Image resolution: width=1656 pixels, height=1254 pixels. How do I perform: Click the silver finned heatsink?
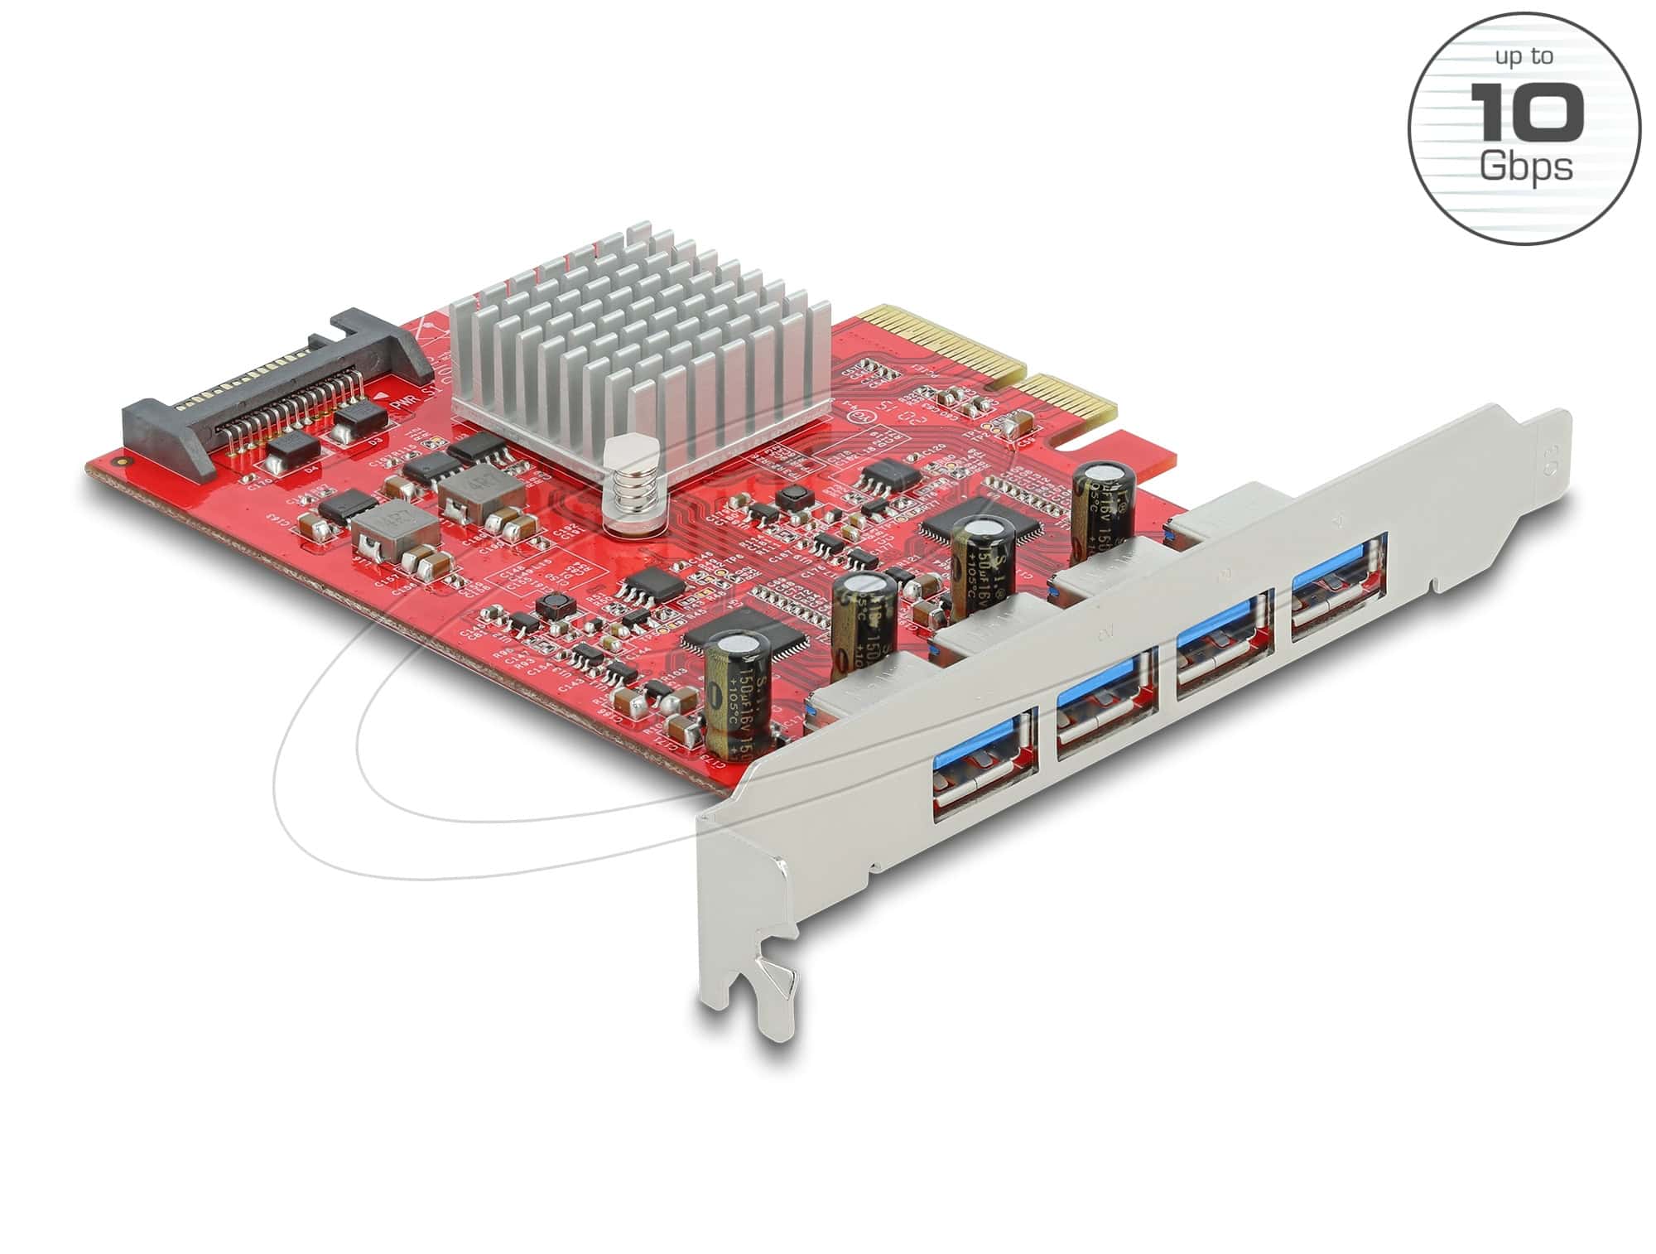tap(638, 348)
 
